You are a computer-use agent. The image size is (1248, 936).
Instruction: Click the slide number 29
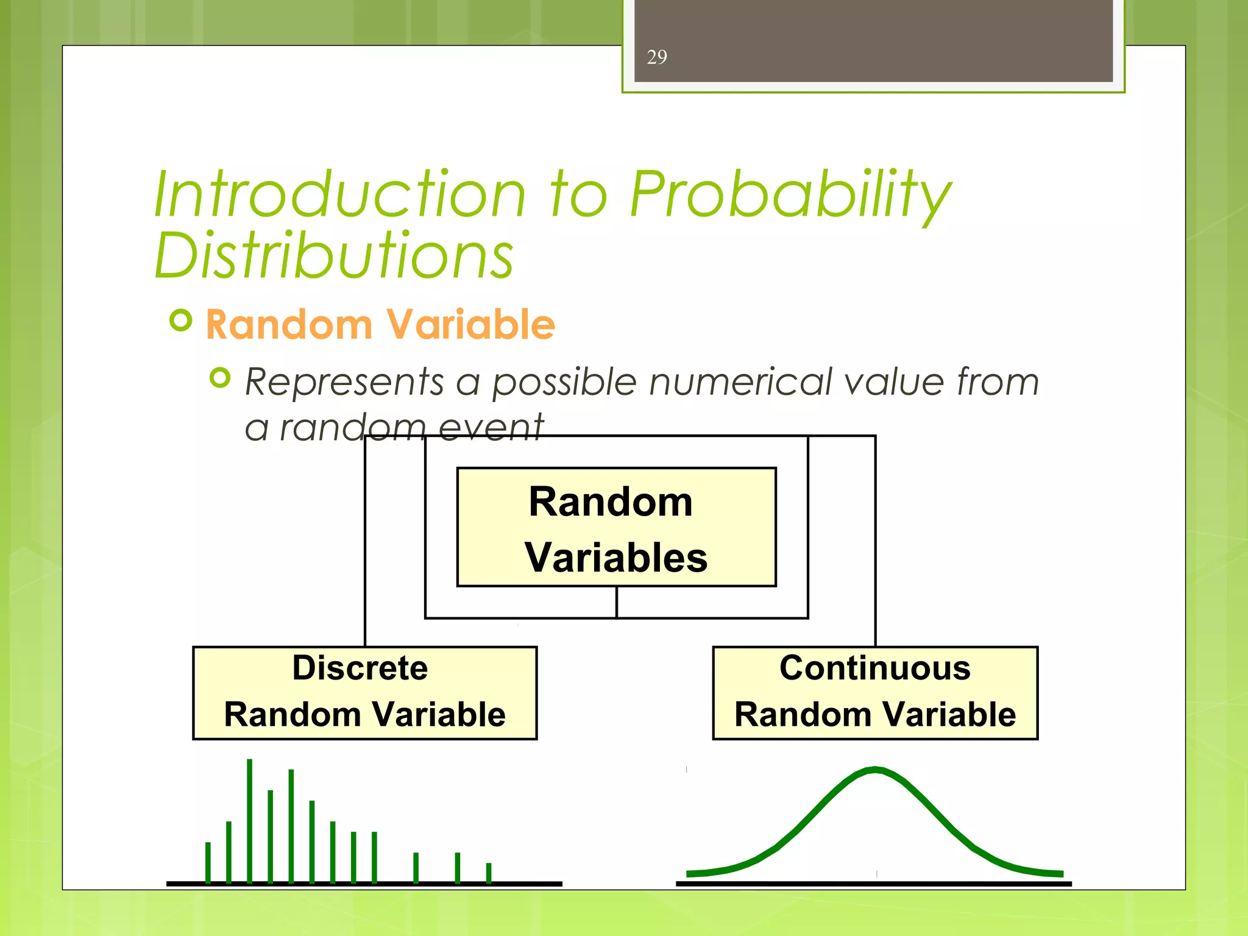[x=657, y=57]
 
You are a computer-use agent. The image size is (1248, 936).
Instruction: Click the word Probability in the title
[x=790, y=195]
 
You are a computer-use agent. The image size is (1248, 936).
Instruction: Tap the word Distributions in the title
[x=334, y=256]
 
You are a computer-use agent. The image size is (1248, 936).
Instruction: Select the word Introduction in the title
[x=339, y=195]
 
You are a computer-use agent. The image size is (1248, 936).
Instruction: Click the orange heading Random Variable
[x=380, y=324]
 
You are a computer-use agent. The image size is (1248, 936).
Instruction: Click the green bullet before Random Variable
[x=181, y=320]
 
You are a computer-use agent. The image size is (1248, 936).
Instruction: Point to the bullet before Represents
[x=220, y=378]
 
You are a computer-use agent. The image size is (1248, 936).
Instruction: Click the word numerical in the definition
[x=740, y=383]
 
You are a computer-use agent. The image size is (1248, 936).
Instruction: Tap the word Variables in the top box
[x=616, y=558]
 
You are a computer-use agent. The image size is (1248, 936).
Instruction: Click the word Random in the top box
[x=611, y=502]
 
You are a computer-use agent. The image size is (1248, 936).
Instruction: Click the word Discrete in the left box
[x=360, y=668]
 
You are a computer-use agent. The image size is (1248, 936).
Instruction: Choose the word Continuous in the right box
[x=875, y=668]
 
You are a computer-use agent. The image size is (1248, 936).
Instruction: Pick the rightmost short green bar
[x=489, y=873]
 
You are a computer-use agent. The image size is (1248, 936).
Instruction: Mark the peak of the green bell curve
[x=875, y=770]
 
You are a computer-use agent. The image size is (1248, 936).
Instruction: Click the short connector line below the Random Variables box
[x=617, y=602]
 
